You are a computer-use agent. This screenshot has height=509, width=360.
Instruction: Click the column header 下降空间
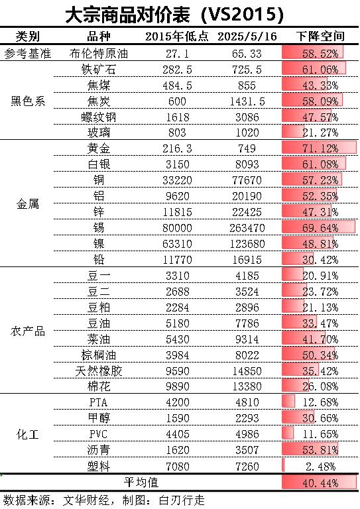[x=320, y=36]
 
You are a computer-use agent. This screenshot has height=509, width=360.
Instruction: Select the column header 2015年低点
[x=176, y=36]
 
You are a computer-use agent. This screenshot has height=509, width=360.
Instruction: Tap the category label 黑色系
[x=28, y=101]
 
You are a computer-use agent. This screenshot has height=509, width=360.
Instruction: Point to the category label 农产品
[x=28, y=331]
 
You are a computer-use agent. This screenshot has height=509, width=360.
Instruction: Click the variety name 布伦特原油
[x=99, y=53]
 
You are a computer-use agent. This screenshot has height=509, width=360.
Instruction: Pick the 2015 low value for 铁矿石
[x=177, y=70]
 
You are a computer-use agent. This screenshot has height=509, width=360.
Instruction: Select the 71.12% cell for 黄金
[x=320, y=148]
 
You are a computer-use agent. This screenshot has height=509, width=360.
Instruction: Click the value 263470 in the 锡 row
[x=247, y=228]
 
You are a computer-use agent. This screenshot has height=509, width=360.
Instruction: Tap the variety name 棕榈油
[x=99, y=355]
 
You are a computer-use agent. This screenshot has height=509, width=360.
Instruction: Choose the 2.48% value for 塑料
[x=320, y=467]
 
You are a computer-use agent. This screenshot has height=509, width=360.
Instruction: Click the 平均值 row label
[x=141, y=482]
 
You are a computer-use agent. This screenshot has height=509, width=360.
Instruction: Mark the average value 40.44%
[x=320, y=483]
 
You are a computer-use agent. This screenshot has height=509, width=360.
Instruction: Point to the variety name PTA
[x=98, y=402]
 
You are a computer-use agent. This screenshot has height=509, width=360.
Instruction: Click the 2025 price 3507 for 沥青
[x=247, y=450]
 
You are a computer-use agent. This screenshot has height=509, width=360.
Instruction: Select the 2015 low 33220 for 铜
[x=177, y=180]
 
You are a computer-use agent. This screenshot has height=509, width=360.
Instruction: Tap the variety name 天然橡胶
[x=99, y=370]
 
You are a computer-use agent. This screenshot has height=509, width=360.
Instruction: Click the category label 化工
[x=28, y=434]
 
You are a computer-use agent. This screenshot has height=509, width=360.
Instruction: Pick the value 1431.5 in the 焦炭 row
[x=247, y=101]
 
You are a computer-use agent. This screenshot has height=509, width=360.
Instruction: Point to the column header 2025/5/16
[x=247, y=36]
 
